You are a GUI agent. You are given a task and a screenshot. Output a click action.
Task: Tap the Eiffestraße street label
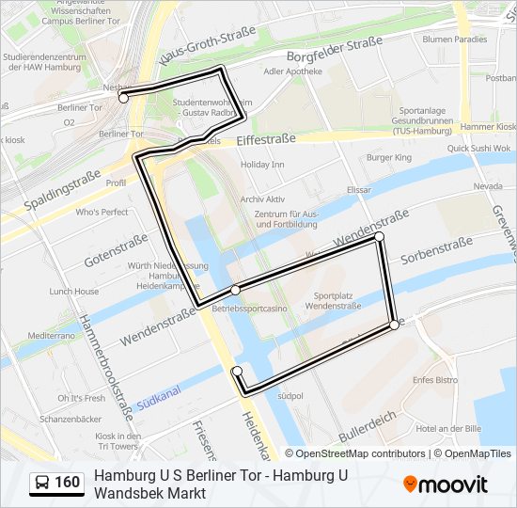266,139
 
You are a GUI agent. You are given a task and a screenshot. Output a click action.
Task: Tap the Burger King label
389,157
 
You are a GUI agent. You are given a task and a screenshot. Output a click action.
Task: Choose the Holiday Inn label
262,165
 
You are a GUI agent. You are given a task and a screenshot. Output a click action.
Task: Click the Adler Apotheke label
293,71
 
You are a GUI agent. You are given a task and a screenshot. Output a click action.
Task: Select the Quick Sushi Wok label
478,148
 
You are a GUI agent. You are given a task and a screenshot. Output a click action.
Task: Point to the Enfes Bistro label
435,380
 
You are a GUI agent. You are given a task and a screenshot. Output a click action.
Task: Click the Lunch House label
74,292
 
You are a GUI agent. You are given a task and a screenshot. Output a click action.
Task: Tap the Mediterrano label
51,335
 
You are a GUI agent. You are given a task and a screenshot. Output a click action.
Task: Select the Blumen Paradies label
455,40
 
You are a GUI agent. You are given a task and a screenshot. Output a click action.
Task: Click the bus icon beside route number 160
42,484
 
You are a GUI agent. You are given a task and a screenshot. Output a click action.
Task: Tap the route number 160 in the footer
68,484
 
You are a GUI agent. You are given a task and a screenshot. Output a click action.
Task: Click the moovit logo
446,484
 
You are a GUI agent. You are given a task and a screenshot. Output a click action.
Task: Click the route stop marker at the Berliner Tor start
123,98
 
